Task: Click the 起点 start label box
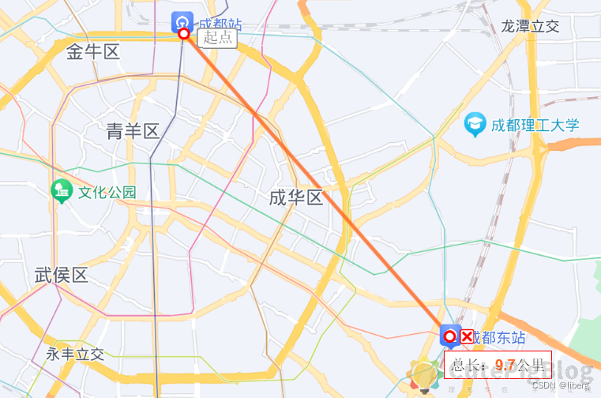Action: (218, 37)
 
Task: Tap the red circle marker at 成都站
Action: (184, 34)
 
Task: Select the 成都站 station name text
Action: (220, 24)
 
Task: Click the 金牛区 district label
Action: (92, 53)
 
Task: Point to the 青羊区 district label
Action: (133, 131)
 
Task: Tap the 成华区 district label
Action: (296, 197)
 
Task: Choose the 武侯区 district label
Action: (61, 276)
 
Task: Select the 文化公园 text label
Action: (107, 192)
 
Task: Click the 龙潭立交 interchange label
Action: (530, 26)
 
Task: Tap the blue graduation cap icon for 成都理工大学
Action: (475, 124)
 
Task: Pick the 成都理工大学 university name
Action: (535, 125)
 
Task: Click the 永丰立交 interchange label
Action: (75, 355)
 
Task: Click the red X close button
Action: (467, 337)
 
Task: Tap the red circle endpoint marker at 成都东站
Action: (450, 337)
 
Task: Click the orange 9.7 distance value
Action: (505, 365)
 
